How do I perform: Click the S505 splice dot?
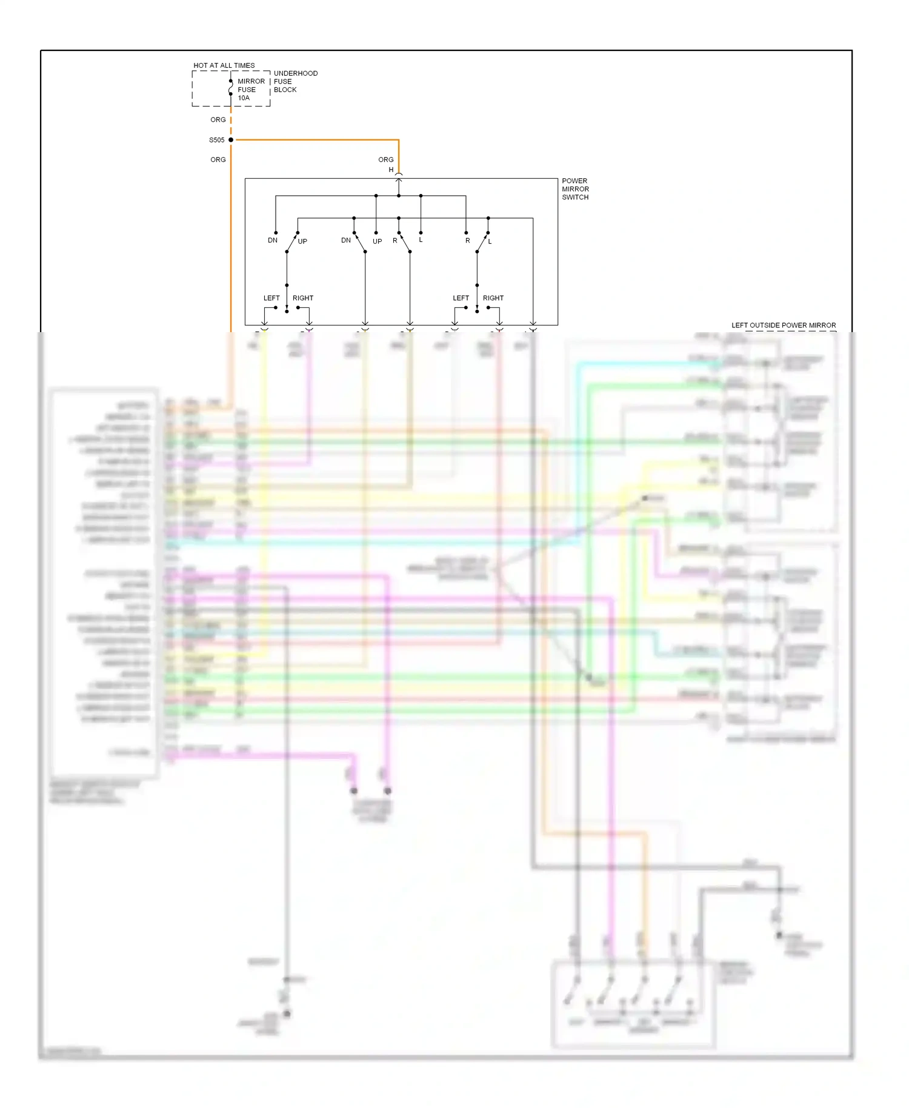click(231, 140)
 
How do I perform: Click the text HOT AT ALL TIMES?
click(224, 65)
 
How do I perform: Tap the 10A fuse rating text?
click(244, 98)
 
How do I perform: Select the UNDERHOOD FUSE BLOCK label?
click(295, 82)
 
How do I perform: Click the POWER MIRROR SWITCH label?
click(575, 189)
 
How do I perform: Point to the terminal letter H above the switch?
click(391, 170)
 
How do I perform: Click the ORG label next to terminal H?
click(386, 160)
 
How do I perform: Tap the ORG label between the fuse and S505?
click(218, 120)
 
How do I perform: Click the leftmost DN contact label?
click(273, 241)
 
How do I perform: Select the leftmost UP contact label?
click(302, 241)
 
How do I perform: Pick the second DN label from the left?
click(346, 241)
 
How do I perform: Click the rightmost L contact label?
click(490, 241)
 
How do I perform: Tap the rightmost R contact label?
click(468, 241)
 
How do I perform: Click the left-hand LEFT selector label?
click(271, 298)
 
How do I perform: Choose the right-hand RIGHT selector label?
click(493, 298)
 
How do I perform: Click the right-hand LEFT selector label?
click(461, 298)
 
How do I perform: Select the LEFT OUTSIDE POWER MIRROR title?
click(784, 325)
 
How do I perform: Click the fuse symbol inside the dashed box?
click(231, 90)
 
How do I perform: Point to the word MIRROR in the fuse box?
click(251, 82)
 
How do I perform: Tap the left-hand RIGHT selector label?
click(303, 298)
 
